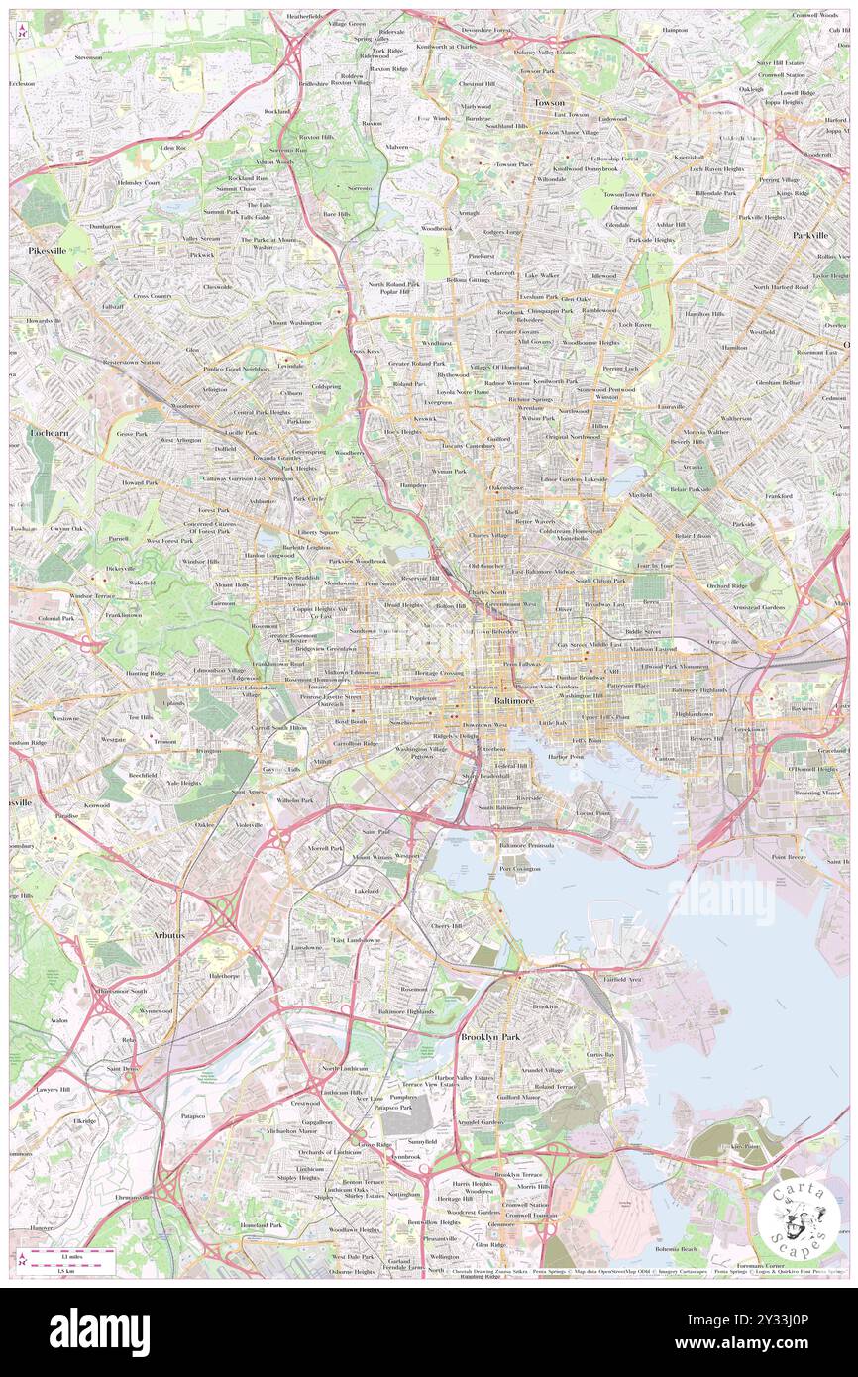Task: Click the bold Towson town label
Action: [549, 103]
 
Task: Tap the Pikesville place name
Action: [47, 252]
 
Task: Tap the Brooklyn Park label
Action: [488, 1037]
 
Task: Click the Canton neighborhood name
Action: [664, 759]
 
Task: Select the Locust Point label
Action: [592, 812]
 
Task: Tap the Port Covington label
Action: [520, 869]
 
